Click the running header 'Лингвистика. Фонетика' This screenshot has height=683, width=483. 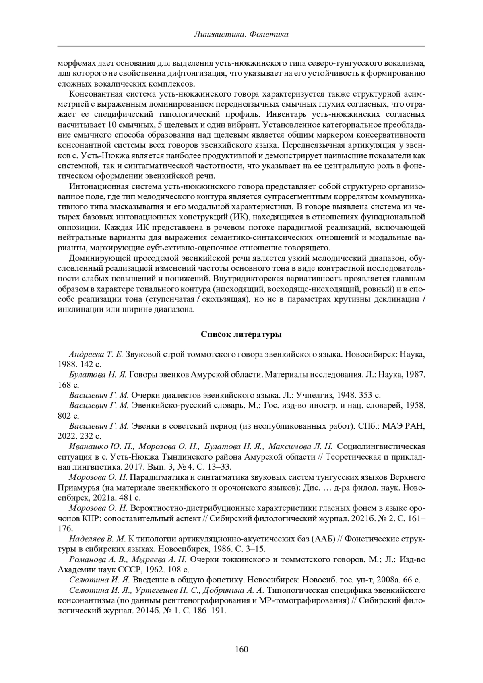pos(241,35)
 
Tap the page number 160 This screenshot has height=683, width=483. pos(242,649)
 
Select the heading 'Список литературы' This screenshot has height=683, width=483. pos(241,334)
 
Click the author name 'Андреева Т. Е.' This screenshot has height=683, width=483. pos(96,355)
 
